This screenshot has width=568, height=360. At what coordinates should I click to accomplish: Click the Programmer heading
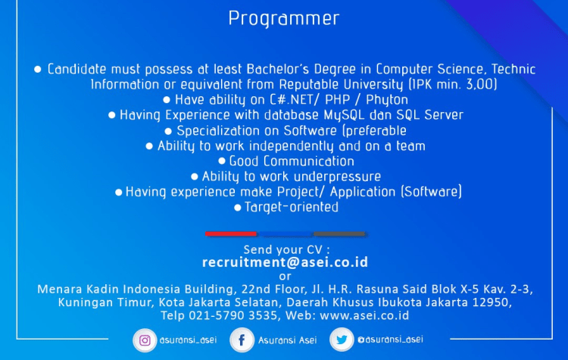point(284,18)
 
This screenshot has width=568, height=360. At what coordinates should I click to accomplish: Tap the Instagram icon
point(144,340)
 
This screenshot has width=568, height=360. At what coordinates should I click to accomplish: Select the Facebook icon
point(242,340)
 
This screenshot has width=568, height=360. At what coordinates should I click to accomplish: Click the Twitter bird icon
point(342,340)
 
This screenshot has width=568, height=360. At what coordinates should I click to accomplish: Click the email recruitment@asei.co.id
point(285,262)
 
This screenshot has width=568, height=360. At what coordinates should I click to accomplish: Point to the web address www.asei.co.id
point(364,315)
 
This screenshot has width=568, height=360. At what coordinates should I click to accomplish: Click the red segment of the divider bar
point(232,233)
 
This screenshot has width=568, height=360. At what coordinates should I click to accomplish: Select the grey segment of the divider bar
point(339,233)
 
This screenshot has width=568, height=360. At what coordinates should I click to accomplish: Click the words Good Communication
point(292,161)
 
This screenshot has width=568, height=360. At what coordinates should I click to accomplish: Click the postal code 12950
point(493,302)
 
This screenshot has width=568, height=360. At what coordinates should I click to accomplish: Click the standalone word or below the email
point(285,276)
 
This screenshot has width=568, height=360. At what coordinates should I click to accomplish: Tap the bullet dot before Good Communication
point(222,161)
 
